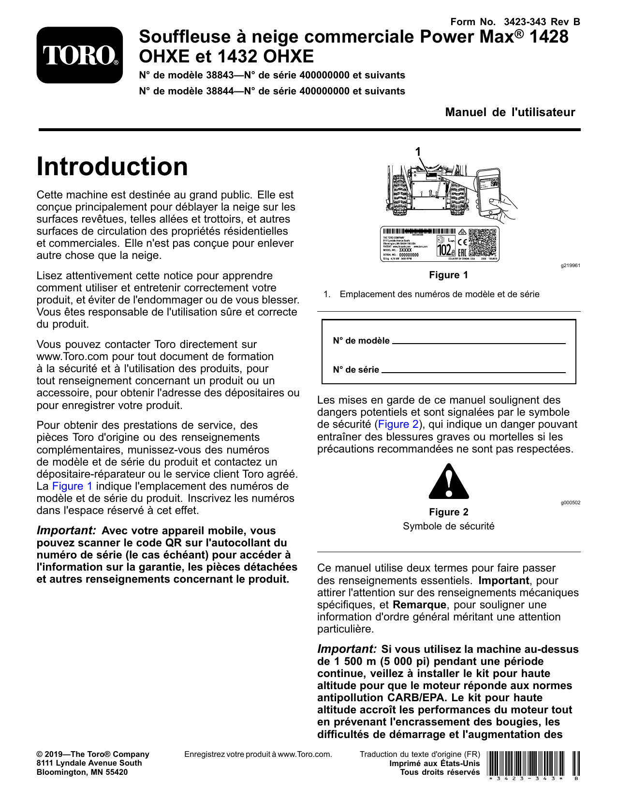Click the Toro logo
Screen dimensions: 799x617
tap(80, 55)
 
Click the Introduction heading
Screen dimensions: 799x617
tap(112, 166)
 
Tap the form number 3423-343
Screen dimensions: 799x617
tap(524, 22)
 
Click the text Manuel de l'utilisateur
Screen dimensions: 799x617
tap(510, 112)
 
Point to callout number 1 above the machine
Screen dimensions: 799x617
tap(418, 152)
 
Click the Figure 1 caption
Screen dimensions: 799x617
tap(448, 275)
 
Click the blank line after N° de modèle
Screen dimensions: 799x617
tap(478, 341)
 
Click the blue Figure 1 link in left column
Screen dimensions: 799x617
tap(72, 486)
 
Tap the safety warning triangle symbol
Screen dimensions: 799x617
tap(449, 482)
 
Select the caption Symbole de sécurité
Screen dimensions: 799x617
tap(448, 526)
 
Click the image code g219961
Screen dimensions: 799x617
tap(570, 266)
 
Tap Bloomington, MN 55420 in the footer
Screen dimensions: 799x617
tap(82, 772)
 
